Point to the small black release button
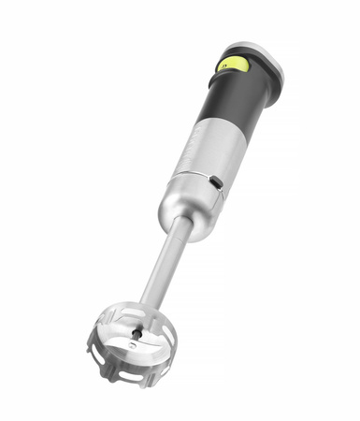pos(215,180)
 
